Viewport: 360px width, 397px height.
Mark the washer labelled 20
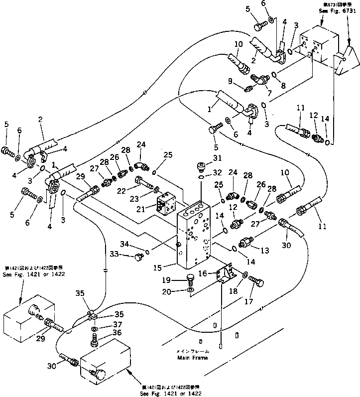pyautogui.click(x=191, y=291)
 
